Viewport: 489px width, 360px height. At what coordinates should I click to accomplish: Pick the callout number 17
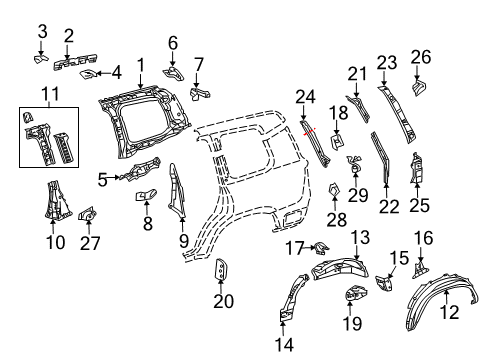pos(294,247)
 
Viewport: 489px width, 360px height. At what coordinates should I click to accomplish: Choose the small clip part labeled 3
pos(43,60)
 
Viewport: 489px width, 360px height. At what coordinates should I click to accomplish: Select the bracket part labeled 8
pos(144,195)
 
